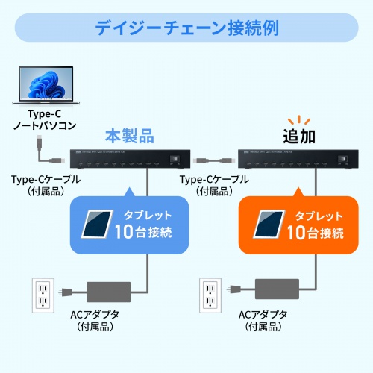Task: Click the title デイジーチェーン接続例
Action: tap(186, 29)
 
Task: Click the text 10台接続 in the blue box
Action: tap(145, 232)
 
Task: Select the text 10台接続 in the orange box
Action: tap(314, 232)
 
